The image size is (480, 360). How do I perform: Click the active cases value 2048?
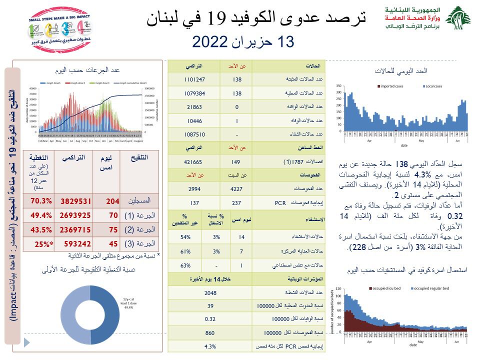click(210, 292)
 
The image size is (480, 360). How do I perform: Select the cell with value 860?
click(210, 332)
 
